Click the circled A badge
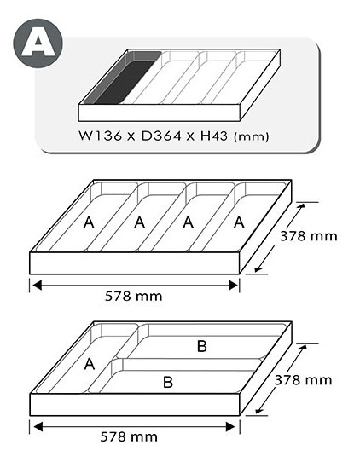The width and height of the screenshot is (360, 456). tap(38, 43)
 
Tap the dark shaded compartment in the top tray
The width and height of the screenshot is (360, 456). tap(122, 78)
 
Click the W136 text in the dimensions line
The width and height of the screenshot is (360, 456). tap(100, 136)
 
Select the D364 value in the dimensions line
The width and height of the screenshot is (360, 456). tap(161, 136)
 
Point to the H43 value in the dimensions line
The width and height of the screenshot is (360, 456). tap(214, 136)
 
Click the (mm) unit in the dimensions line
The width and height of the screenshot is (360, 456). tap(251, 136)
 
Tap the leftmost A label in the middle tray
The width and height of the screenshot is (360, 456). tap(89, 222)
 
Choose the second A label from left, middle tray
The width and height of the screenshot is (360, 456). tap(140, 222)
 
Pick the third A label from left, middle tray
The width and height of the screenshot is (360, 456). tap(189, 222)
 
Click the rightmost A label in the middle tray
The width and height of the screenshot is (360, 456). tap(239, 222)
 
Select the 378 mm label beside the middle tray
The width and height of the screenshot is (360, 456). tap(309, 236)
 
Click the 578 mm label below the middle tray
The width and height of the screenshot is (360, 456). tap(134, 297)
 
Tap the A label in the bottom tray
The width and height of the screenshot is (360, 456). tap(90, 364)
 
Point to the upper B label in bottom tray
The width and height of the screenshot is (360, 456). tap(202, 346)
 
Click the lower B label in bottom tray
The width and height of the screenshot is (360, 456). tap(168, 382)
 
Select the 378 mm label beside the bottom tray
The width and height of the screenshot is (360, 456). tap(303, 380)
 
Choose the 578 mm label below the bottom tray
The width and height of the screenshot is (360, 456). tap(129, 436)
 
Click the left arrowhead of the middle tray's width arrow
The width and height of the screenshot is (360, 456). tap(37, 286)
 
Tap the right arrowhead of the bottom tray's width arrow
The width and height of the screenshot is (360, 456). tap(230, 427)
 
